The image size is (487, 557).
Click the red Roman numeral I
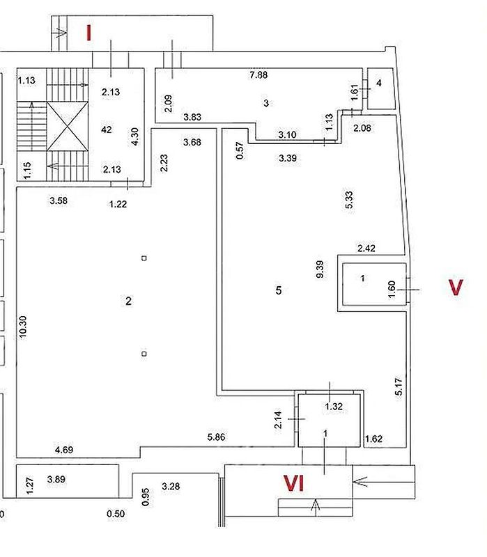pos(89,33)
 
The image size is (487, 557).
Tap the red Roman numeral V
pos(456,288)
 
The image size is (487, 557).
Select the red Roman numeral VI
pos(294,483)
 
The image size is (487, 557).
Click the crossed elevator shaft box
pos(68,127)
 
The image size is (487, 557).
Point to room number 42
pos(107,130)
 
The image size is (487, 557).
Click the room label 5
pos(279,290)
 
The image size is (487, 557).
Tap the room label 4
pos(379,83)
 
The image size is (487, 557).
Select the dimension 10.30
pos(22,327)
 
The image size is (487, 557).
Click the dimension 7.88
pos(258,75)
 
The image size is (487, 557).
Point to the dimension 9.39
pos(320,269)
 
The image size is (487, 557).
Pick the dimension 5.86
pos(216,437)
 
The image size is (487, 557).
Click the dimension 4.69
pos(64,450)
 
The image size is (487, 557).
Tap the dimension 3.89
pos(56,479)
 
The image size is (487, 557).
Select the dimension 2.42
pos(366,248)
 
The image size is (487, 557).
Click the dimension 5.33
pos(349,200)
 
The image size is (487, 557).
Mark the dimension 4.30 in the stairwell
pos(134,136)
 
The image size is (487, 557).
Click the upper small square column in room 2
pos(144,258)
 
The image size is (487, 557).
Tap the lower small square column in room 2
pos(144,354)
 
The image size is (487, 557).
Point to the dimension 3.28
pos(171,486)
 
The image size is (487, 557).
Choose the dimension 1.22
pos(118,204)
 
